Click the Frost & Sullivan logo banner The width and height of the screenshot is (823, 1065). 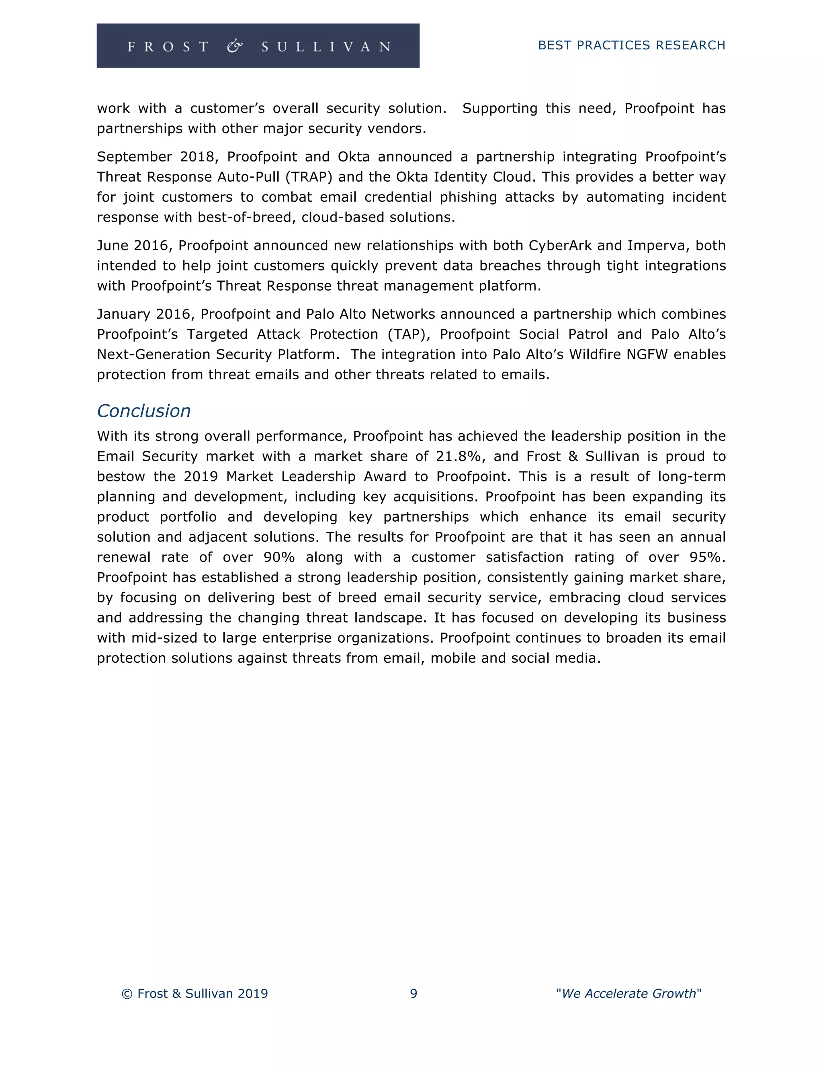[258, 46]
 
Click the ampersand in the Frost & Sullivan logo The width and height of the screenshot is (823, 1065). [235, 46]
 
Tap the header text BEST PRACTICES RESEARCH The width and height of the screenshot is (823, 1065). [631, 45]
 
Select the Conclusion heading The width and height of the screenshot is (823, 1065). [144, 411]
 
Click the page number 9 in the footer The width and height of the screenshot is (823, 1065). [414, 993]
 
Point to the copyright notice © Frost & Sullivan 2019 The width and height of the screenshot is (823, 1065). [194, 993]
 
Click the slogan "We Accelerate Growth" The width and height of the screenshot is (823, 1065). [629, 993]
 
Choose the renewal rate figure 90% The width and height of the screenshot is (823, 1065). [279, 557]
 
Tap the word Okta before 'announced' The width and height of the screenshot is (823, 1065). [354, 157]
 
